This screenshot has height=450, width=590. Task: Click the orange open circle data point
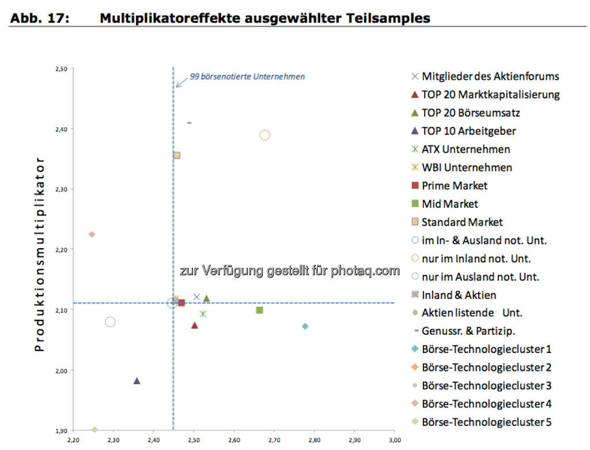pyautogui.click(x=264, y=135)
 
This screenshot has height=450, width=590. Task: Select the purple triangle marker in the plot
pyautogui.click(x=137, y=381)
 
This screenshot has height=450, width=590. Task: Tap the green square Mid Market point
pyautogui.click(x=259, y=310)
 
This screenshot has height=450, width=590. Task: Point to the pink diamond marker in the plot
pyautogui.click(x=92, y=234)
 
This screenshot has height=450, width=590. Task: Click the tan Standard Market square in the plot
pyautogui.click(x=177, y=155)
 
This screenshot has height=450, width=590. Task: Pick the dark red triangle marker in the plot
pyautogui.click(x=195, y=325)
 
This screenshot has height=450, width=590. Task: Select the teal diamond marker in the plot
pyautogui.click(x=305, y=327)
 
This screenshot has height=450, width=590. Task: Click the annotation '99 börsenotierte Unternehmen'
pyautogui.click(x=247, y=76)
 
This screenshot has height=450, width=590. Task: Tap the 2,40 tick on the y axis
pyautogui.click(x=60, y=129)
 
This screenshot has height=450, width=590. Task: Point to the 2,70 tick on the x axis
pyautogui.click(x=274, y=440)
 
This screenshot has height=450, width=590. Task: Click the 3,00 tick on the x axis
pyautogui.click(x=394, y=440)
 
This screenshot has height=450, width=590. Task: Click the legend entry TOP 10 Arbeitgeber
pyautogui.click(x=468, y=131)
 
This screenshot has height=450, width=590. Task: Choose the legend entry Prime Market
pyautogui.click(x=454, y=186)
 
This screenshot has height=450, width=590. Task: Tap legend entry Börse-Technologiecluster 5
pyautogui.click(x=486, y=422)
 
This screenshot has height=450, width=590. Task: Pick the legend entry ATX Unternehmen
pyautogui.click(x=466, y=149)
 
